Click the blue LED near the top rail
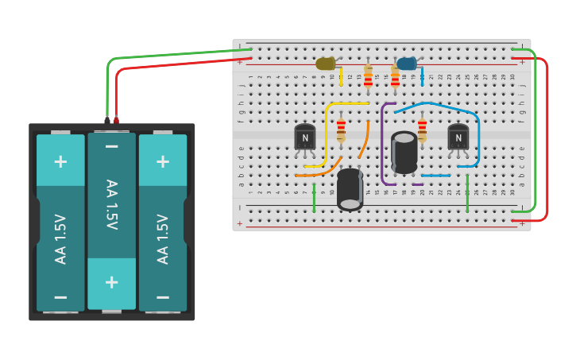(406, 64)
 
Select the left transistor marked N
(304, 137)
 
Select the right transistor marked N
(458, 137)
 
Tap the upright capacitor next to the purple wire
(404, 152)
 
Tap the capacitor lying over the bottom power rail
(350, 189)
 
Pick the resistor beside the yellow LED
(368, 76)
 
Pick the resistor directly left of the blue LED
(395, 78)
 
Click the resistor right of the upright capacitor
(422, 130)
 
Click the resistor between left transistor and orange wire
(341, 130)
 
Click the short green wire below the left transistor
(314, 198)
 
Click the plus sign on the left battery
(60, 161)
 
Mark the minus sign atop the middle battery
(111, 146)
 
